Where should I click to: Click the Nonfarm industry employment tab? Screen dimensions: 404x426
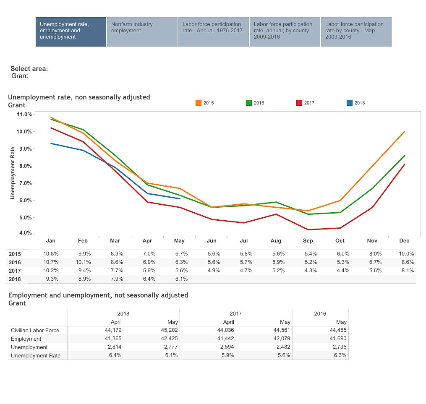coord(142,31)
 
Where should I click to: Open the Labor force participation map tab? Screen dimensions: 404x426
coord(356,31)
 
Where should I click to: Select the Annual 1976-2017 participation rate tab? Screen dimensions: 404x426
coord(213,31)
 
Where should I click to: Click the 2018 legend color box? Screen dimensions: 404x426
coord(350,103)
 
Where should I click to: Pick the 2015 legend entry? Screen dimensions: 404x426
coord(205,103)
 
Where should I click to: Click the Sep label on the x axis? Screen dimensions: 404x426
coord(308,241)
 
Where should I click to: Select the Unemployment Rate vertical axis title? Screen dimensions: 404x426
coord(13,172)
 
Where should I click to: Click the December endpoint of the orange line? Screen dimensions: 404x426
coord(404,131)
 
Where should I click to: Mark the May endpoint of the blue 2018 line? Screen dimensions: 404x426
coord(179,198)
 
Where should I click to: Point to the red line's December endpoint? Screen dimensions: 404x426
coord(404,164)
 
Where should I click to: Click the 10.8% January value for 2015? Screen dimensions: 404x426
coord(51,254)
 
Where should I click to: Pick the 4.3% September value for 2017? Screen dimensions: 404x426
coord(310,271)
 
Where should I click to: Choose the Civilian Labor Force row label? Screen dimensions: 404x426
coord(35,330)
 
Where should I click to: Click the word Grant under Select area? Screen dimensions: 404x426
coord(20,76)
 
